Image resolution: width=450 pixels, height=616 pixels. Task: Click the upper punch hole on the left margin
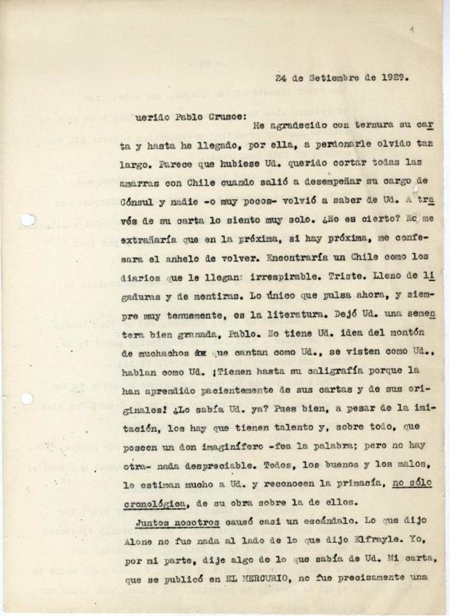26,220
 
